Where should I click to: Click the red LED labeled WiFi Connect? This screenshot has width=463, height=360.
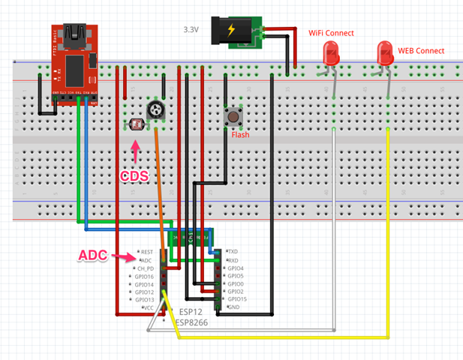[x=331, y=52]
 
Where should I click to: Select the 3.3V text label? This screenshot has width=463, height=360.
[x=191, y=30]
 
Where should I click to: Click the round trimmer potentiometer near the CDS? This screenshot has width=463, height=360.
[x=156, y=110]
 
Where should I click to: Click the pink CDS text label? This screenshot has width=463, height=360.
[x=134, y=177]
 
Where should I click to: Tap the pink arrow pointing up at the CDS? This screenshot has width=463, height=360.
[x=136, y=152]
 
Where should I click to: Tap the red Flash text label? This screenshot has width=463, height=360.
[x=240, y=135]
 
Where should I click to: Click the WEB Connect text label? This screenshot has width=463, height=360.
[x=421, y=51]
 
